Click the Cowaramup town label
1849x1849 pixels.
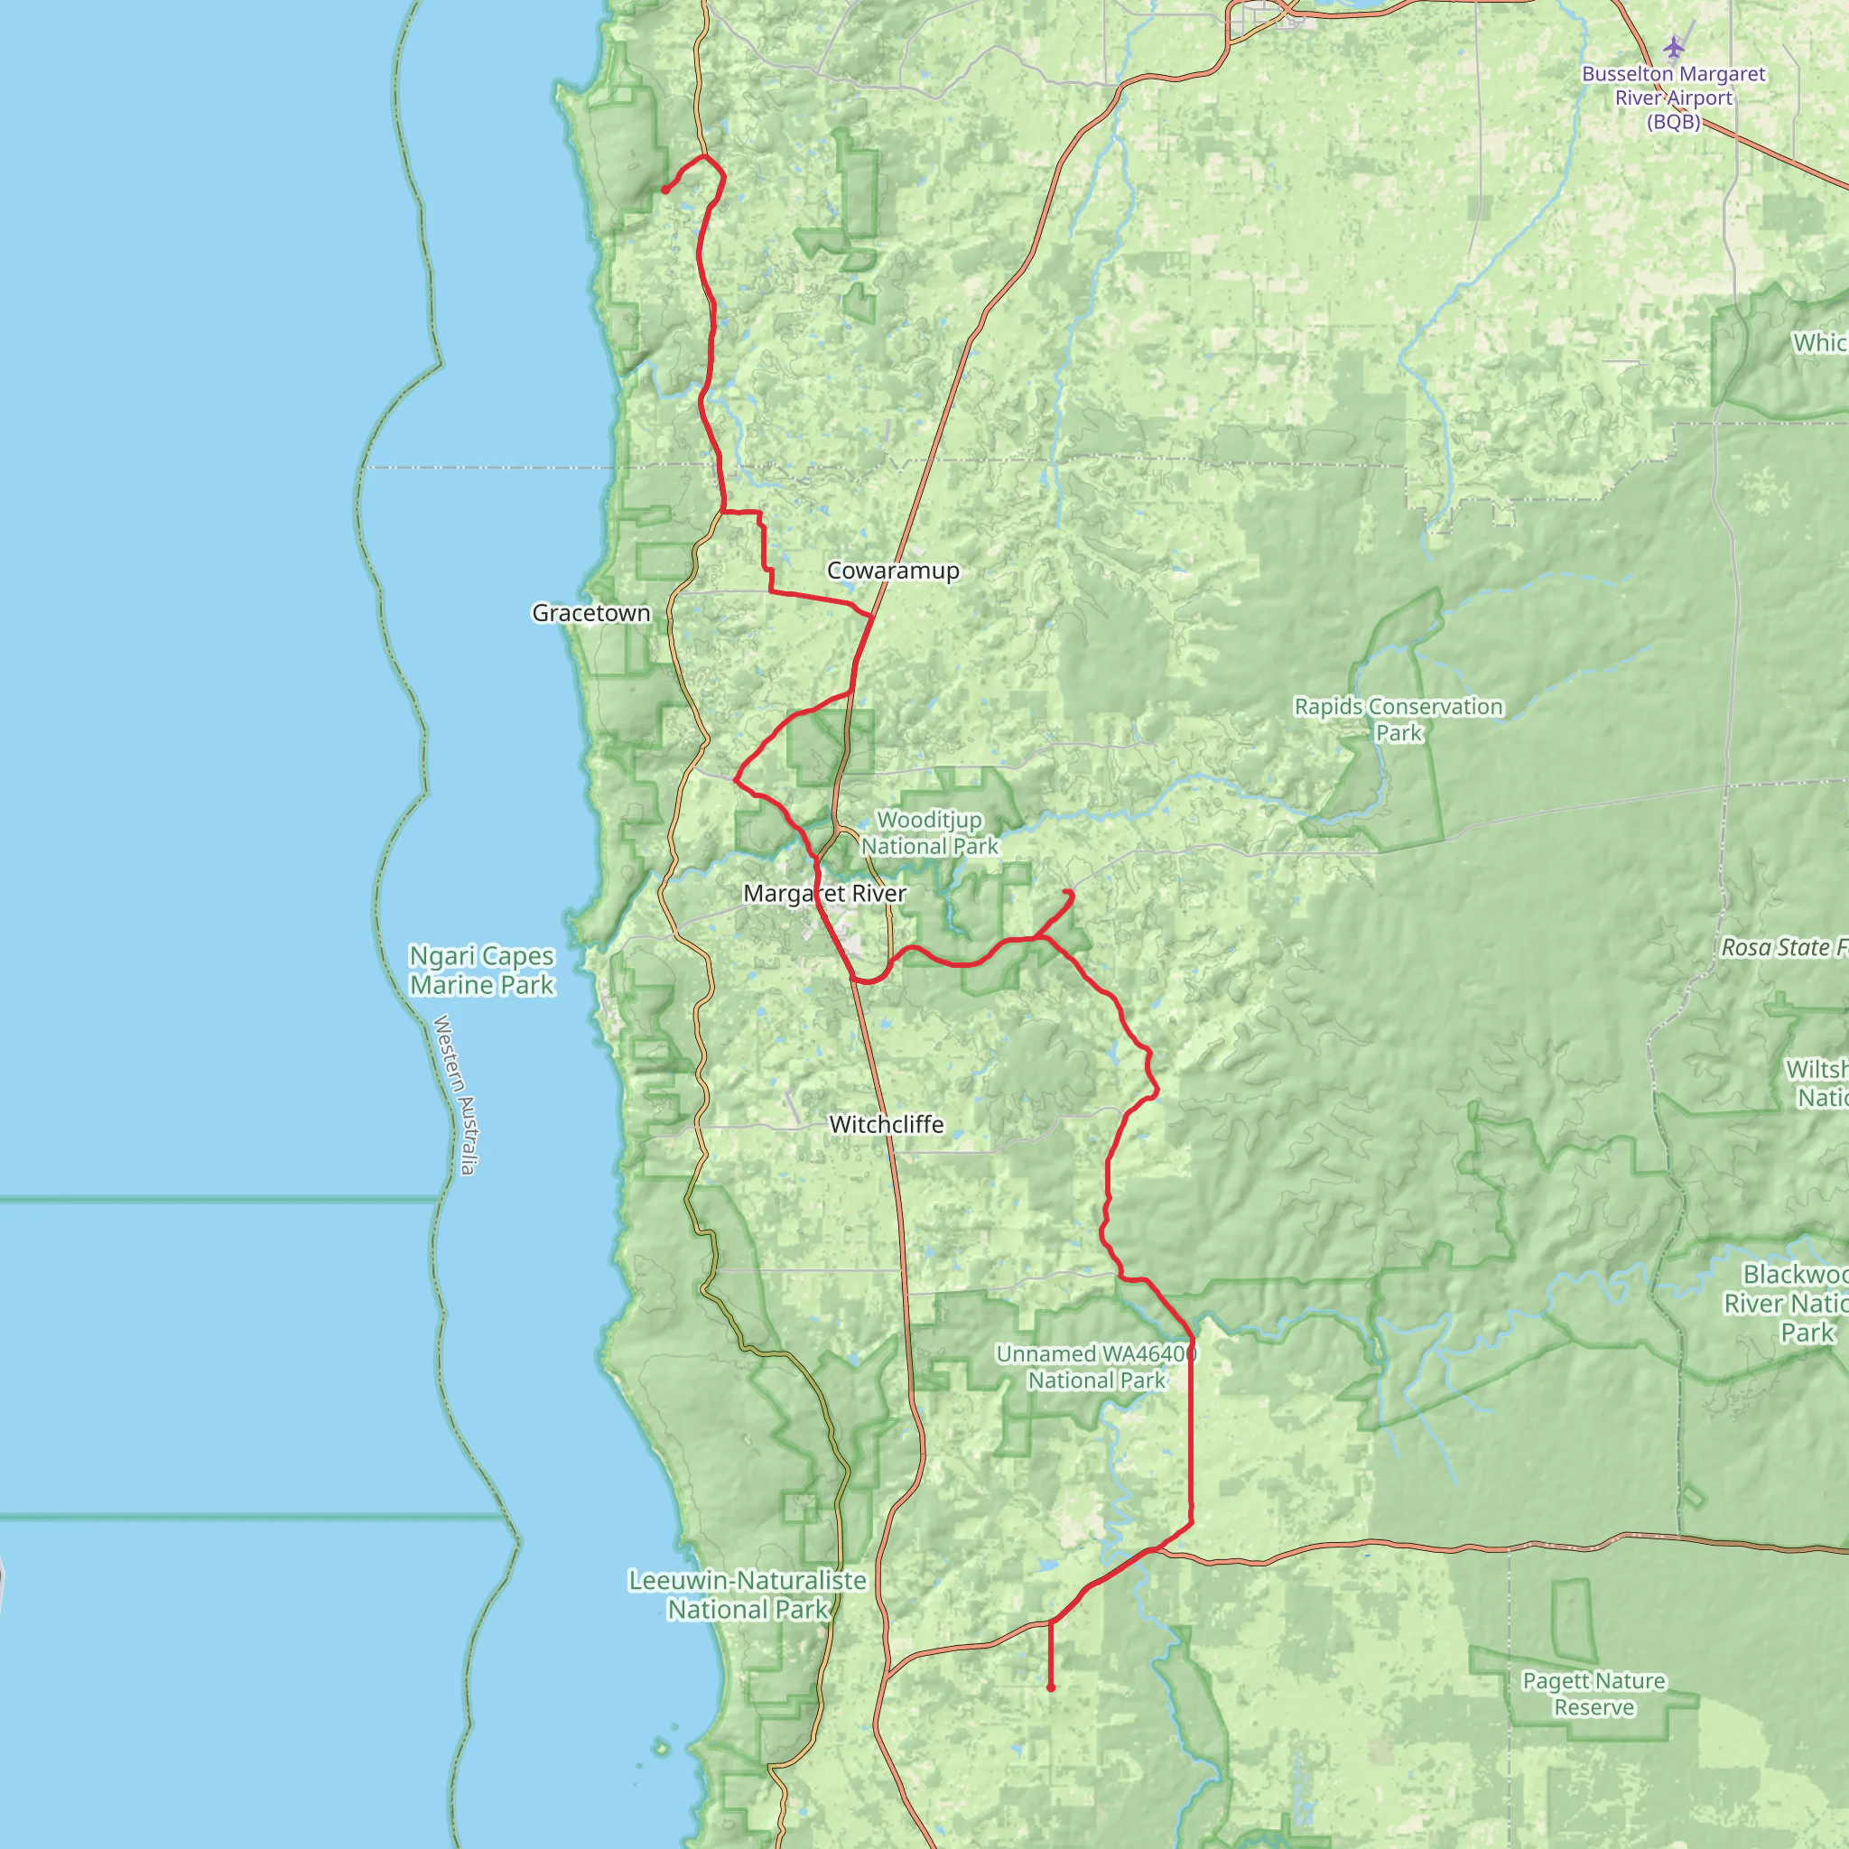point(892,571)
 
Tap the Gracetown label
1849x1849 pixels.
point(590,612)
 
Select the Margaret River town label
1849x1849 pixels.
point(824,893)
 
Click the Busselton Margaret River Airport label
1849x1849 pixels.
point(1673,98)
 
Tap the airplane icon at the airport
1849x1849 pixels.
point(1673,46)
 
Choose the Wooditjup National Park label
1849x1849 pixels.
point(929,832)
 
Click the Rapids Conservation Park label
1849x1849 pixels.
point(1398,719)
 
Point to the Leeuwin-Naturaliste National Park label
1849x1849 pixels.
point(747,1594)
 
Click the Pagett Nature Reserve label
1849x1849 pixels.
point(1593,1694)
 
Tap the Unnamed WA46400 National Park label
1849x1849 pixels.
point(1096,1367)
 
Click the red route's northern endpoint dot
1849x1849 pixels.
point(665,190)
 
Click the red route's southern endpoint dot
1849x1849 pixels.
point(1051,1687)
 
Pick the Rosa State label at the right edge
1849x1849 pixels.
point(1783,947)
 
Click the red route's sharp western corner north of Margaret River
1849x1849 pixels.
point(734,780)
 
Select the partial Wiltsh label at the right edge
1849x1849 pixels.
point(1816,1082)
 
